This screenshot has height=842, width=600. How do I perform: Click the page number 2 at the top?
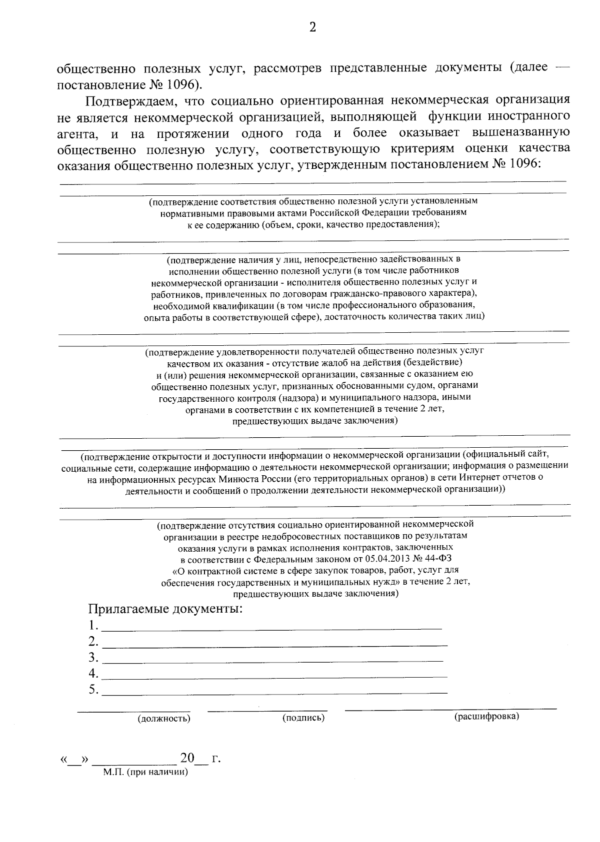coord(312,27)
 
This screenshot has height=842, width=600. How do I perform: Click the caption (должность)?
coord(164,719)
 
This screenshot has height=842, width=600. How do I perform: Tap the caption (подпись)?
coord(303,718)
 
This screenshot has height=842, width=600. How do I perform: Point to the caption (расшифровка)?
coord(486,717)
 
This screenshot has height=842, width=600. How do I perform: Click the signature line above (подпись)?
coord(267,710)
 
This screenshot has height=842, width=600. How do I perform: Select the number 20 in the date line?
coord(187,758)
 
